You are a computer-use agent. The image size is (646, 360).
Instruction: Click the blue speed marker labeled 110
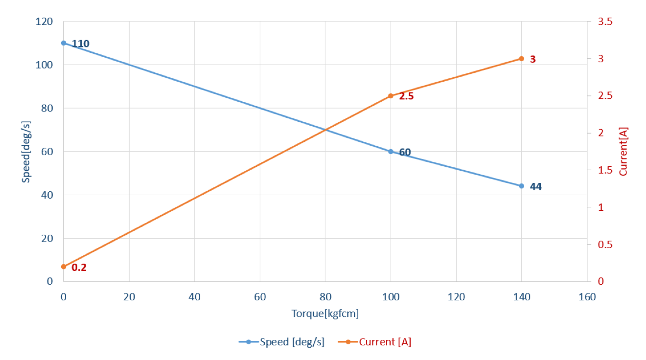point(64,43)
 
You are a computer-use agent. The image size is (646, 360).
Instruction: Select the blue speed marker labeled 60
point(391,152)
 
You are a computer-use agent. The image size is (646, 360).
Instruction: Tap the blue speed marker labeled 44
point(521,186)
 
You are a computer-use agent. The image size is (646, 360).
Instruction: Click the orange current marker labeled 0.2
point(64,267)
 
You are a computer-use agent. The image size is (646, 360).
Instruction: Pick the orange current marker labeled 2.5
point(391,96)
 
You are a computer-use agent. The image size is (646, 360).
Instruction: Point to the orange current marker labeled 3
point(521,59)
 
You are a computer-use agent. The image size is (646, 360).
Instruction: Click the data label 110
point(80,44)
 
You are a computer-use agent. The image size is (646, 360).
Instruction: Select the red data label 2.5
point(406,96)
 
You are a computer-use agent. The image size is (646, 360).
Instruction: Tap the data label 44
point(535,187)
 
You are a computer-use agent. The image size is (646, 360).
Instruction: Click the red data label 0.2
point(79,268)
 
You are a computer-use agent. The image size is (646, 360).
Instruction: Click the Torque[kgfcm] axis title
point(325,314)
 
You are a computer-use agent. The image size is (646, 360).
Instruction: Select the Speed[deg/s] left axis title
point(26,152)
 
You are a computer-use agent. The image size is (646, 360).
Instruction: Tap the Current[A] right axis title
point(623,152)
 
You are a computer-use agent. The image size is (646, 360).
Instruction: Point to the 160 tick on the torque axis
point(587,297)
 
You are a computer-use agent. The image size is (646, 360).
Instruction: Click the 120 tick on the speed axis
point(45,22)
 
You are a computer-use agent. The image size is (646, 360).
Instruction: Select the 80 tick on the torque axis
point(325,297)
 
